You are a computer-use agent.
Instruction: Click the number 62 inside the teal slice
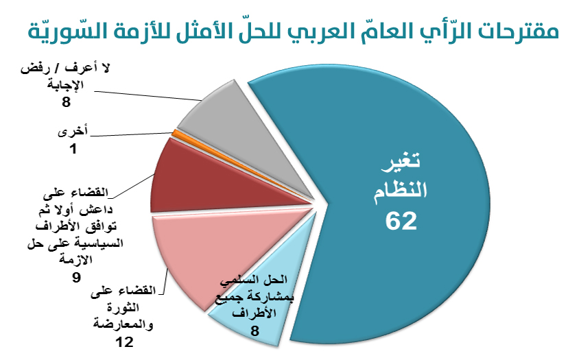(x=402, y=221)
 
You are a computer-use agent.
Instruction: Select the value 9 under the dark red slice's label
(x=76, y=277)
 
